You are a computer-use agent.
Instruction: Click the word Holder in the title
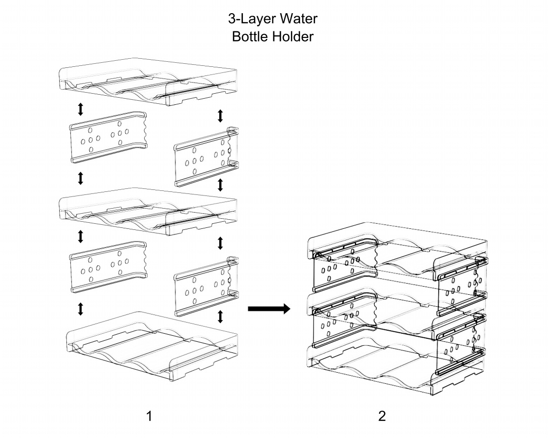click(x=293, y=36)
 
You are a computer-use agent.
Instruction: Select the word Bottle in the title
click(x=250, y=36)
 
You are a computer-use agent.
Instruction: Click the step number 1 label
click(x=149, y=416)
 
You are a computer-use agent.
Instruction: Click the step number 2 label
click(x=382, y=416)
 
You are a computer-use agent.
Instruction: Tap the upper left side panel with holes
click(x=108, y=137)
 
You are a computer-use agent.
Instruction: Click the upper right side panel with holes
click(x=207, y=157)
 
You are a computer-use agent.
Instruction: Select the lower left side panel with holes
click(x=108, y=266)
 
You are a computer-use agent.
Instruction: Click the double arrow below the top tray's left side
click(x=81, y=109)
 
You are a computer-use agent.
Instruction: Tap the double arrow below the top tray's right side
click(x=220, y=116)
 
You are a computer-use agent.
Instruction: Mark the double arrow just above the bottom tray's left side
click(x=81, y=309)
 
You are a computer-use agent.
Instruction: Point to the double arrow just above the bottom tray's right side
click(x=220, y=316)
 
